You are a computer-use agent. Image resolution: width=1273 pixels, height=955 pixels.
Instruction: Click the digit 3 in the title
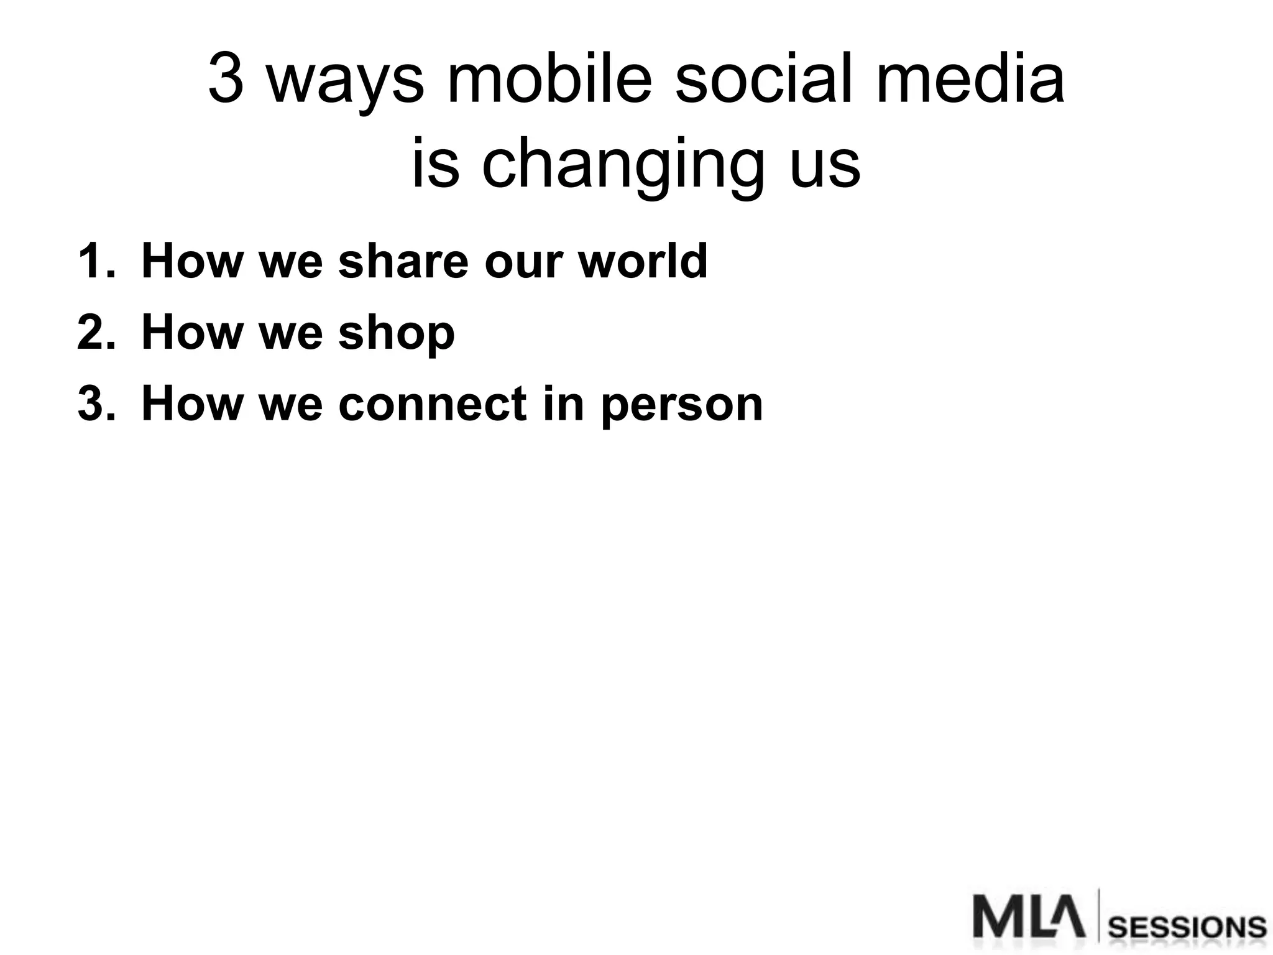[226, 80]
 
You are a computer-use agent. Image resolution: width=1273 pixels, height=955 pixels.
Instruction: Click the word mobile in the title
[549, 80]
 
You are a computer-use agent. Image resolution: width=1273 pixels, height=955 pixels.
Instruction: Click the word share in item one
[403, 261]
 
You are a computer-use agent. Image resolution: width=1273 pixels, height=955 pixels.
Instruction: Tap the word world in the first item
[643, 261]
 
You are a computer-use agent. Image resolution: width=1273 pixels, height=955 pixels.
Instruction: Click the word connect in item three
[433, 404]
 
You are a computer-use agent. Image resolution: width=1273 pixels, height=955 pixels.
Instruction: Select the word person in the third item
[682, 407]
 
